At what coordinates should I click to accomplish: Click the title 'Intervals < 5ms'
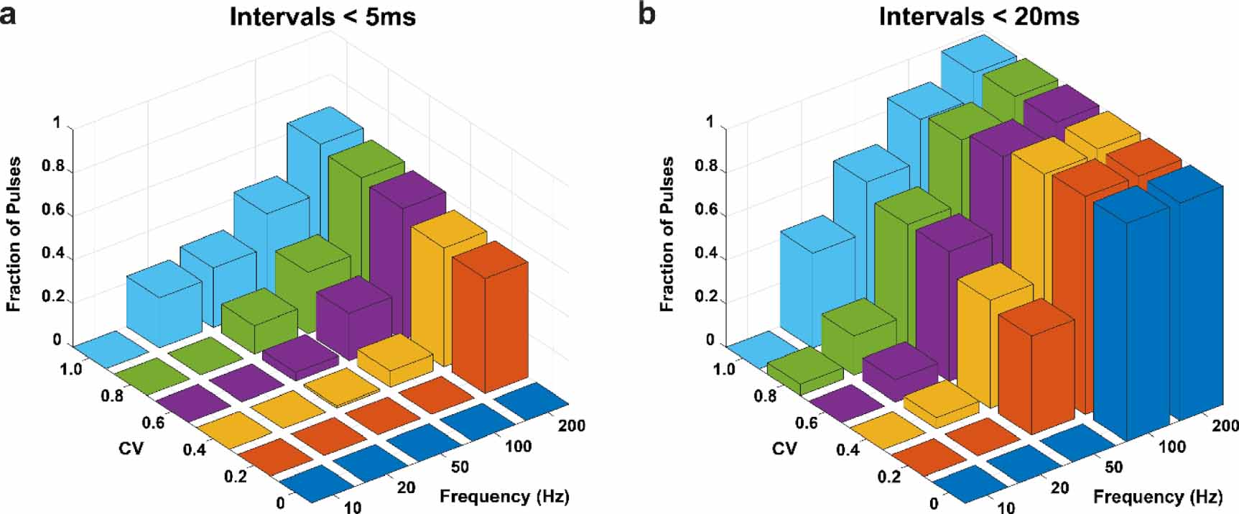322,16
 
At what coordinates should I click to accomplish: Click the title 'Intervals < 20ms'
979,16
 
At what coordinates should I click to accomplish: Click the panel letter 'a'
8,14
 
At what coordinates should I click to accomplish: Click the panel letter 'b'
646,14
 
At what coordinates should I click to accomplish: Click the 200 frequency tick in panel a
571,426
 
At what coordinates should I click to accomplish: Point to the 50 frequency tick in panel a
460,467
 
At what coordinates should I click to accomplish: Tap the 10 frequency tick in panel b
1006,508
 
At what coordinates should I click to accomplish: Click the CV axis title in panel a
131,449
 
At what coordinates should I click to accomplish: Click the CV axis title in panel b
784,449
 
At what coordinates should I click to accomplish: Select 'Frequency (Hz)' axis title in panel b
1158,497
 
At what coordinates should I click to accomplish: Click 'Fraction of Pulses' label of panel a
14,234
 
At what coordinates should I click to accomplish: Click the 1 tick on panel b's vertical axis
710,123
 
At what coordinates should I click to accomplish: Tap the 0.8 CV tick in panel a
111,396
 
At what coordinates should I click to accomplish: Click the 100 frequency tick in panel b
1171,446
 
